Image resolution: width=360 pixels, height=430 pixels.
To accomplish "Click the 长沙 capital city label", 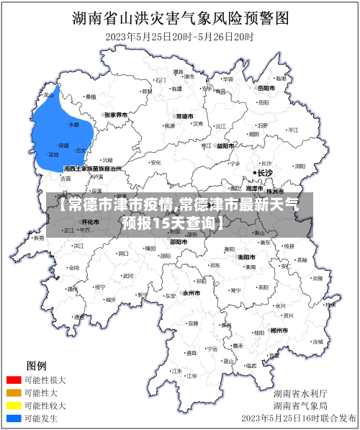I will [266, 173].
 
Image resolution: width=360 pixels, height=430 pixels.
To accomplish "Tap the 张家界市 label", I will [115, 115].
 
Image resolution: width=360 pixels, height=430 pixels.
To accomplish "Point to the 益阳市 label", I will [225, 145].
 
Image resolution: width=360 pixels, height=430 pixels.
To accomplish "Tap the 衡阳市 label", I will [247, 256].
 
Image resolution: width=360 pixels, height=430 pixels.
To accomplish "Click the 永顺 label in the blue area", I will [73, 124].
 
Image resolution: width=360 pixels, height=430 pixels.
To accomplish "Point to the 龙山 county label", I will [49, 94].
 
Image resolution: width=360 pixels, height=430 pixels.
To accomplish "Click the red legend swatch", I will [14, 380].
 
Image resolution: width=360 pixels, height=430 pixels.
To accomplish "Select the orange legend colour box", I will [14, 393].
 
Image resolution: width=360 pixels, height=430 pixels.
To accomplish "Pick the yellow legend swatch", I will [14, 406].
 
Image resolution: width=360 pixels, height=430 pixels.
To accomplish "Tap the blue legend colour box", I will [14, 418].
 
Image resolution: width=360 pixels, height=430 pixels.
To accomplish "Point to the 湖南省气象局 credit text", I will [300, 406].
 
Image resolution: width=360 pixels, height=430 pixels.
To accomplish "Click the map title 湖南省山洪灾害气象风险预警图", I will [180, 17].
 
